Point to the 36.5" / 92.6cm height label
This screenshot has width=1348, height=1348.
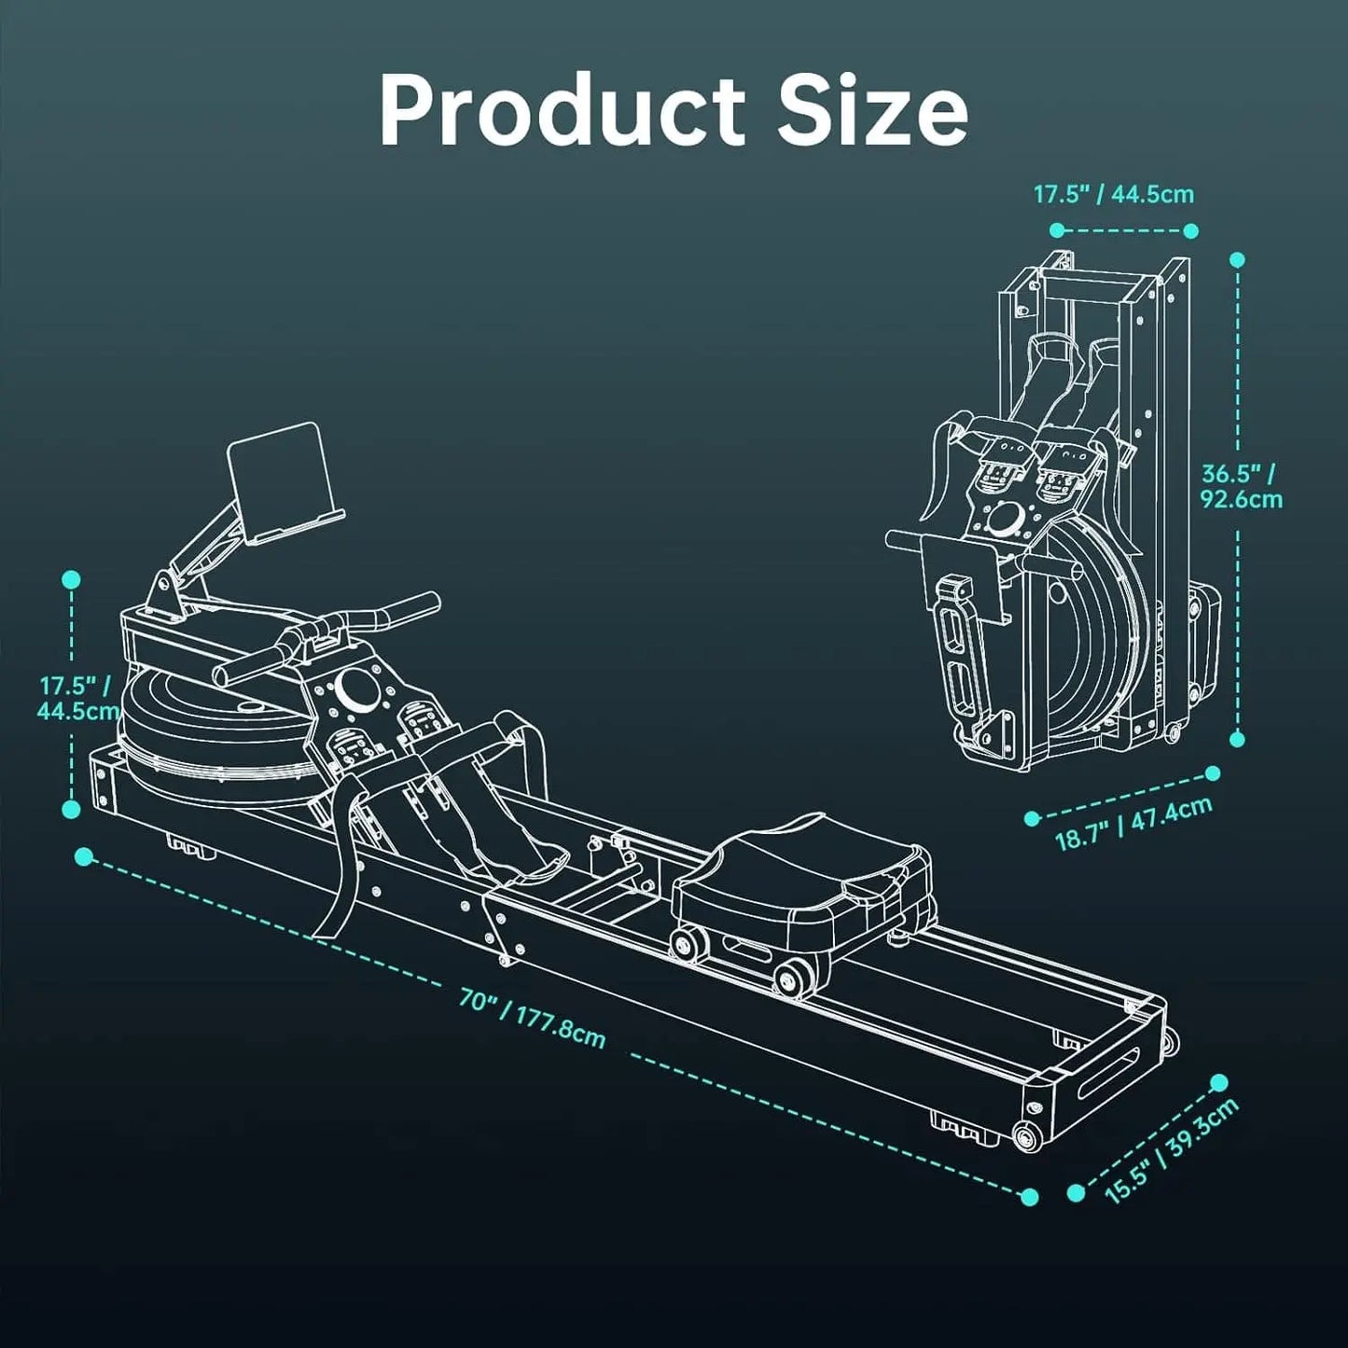point(1241,486)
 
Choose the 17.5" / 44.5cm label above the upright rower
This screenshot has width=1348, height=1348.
point(1113,195)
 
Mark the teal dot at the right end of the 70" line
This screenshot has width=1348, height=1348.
point(1030,1196)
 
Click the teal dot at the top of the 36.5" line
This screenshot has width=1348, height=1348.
point(1237,260)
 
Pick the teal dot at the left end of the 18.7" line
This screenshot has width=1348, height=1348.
point(1032,818)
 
